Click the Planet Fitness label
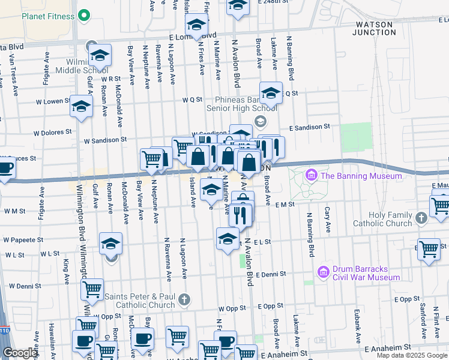click(x=49, y=16)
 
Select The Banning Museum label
click(x=361, y=176)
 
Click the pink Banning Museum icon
click(x=311, y=175)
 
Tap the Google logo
click(x=19, y=353)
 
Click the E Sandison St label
click(x=310, y=127)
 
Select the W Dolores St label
click(x=53, y=131)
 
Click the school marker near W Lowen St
click(x=81, y=107)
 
